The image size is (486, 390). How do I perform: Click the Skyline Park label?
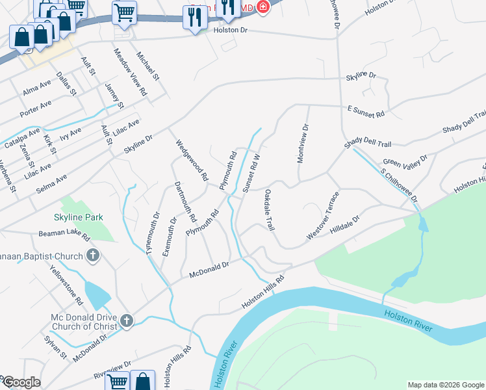[80, 216]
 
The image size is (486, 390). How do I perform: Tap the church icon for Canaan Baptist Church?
[92, 255]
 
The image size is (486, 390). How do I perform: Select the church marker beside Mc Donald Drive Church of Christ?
[126, 320]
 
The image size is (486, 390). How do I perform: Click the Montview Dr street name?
[303, 144]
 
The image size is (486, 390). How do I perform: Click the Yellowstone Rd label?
[67, 287]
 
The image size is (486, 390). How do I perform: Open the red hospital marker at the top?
[262, 8]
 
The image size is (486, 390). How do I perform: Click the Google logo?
[21, 382]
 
